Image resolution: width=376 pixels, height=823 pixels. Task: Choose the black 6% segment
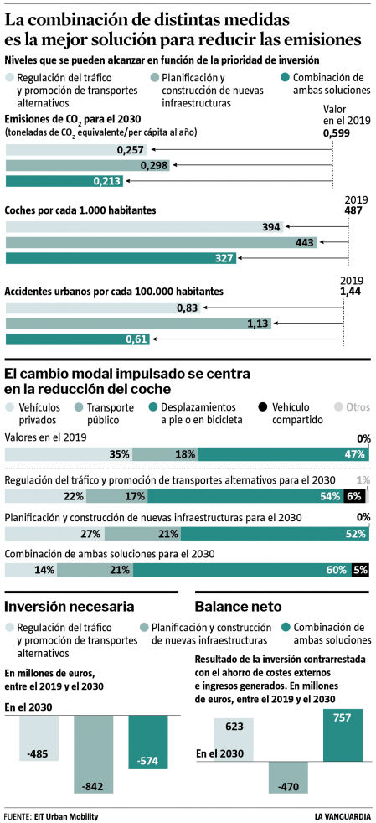[x=353, y=496]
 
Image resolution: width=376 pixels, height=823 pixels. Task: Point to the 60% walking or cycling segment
[x=242, y=570]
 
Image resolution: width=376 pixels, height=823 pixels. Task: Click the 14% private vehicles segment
[x=31, y=570]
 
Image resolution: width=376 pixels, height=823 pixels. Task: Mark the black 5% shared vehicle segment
[x=360, y=570]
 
